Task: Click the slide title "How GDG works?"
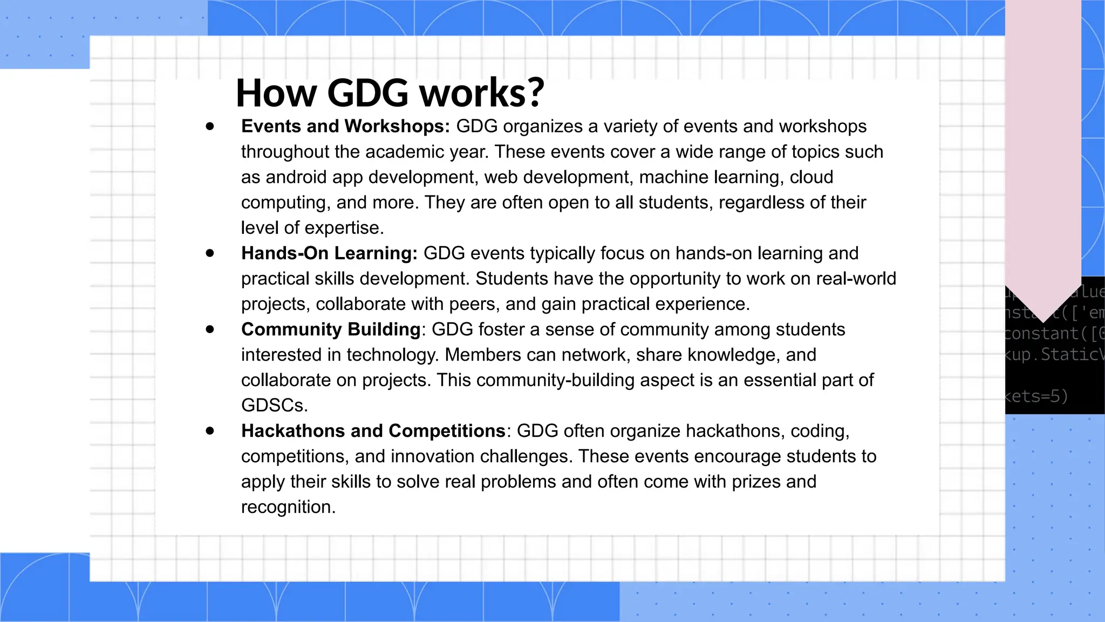[x=390, y=93]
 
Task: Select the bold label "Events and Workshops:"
[x=345, y=126]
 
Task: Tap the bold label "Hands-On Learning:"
[x=329, y=253]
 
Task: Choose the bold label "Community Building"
[x=331, y=329]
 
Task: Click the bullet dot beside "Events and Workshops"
[x=210, y=127]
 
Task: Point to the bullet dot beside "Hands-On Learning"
[x=210, y=253]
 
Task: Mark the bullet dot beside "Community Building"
[x=210, y=329]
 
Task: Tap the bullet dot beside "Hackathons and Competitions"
[x=210, y=431]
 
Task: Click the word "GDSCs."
[x=275, y=405]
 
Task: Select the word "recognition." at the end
[x=288, y=507]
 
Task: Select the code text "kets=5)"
[x=1036, y=397]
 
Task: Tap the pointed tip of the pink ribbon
[x=1043, y=321]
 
